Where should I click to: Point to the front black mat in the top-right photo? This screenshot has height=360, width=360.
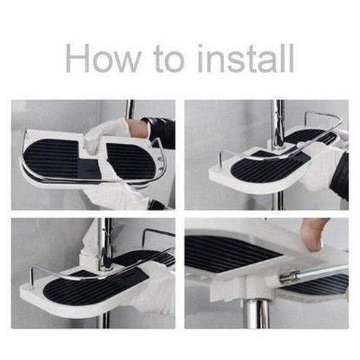pyautogui.click(x=263, y=171)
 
